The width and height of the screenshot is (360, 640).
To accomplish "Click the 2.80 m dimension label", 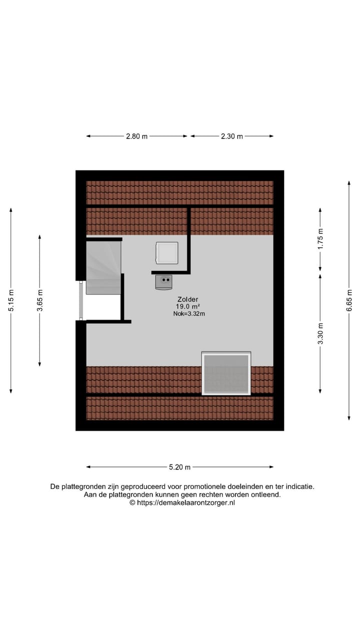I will click(136, 136).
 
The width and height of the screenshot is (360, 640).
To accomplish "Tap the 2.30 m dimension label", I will click(232, 136).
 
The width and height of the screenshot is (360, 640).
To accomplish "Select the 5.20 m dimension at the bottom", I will click(180, 467).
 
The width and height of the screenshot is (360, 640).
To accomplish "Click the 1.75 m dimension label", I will click(320, 238).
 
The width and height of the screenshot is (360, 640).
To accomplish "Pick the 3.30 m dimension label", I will click(320, 333).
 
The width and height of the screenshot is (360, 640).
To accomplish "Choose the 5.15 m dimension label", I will click(11, 300).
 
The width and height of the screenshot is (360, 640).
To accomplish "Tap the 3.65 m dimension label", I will click(39, 300).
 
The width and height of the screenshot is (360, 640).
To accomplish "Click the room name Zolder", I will click(187, 299).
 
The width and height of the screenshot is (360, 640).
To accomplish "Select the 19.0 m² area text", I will click(187, 306).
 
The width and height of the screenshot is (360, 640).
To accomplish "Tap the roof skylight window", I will click(226, 373).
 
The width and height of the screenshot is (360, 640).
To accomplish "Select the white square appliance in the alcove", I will click(166, 253).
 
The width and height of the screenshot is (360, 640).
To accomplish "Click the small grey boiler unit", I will click(163, 282).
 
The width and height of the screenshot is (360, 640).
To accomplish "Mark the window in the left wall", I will click(80, 300).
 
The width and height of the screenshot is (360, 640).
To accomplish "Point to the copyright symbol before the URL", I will click(132, 503).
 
